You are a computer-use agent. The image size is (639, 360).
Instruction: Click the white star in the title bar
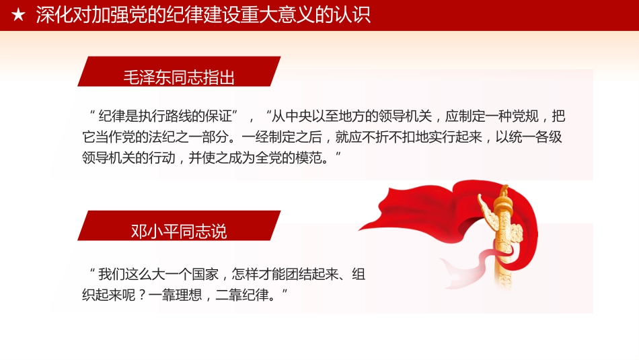[x=18, y=15]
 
